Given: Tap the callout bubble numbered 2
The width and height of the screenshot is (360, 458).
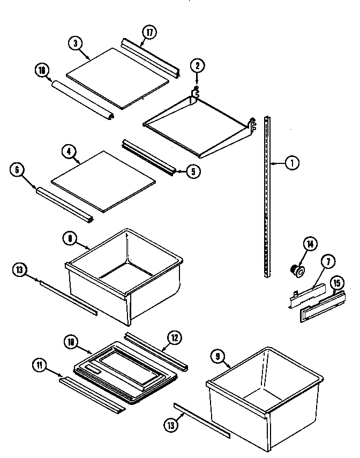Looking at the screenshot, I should (x=197, y=66).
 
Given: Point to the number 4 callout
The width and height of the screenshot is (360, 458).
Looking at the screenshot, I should (x=69, y=152).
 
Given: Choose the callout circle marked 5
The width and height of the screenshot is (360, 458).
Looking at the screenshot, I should (x=193, y=172).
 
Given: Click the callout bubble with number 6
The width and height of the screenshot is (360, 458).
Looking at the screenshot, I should (x=17, y=170).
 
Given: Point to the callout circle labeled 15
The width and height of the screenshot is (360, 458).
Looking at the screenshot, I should (x=336, y=282).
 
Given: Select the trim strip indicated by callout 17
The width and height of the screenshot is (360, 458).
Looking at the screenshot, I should (x=150, y=57).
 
